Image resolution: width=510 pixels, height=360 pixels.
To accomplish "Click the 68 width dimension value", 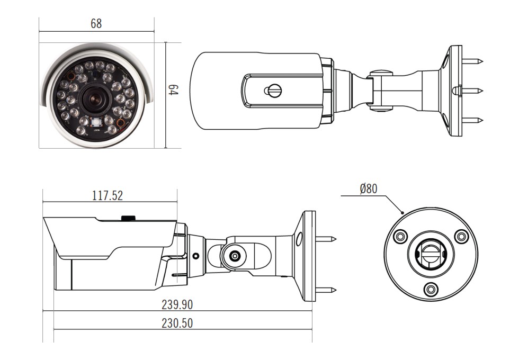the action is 96,23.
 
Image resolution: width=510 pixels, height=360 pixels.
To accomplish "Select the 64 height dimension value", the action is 173,90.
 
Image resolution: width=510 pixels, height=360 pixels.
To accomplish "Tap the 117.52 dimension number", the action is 108,195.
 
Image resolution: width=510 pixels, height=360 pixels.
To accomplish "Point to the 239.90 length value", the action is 177,305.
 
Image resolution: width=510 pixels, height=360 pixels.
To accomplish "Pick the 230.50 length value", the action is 177,323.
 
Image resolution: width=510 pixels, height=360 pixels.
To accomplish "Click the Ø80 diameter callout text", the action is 369,188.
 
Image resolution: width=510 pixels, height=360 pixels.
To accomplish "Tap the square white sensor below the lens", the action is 96,123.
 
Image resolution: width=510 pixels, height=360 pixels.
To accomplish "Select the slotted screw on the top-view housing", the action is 273,91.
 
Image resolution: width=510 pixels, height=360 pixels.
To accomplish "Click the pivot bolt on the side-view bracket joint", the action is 235,256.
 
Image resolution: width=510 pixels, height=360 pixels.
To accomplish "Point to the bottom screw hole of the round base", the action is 431,289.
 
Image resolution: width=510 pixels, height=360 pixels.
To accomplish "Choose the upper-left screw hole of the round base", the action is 400,236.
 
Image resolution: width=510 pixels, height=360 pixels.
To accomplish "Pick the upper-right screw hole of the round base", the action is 461,236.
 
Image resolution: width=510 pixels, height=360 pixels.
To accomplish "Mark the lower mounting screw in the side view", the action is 326,290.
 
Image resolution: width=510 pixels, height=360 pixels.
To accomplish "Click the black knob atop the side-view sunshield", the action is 129,218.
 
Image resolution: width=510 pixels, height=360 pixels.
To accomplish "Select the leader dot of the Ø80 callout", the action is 402,213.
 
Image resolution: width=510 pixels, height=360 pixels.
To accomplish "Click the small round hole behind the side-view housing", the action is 195,256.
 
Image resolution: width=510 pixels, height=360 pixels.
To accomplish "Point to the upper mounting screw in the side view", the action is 326,239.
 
